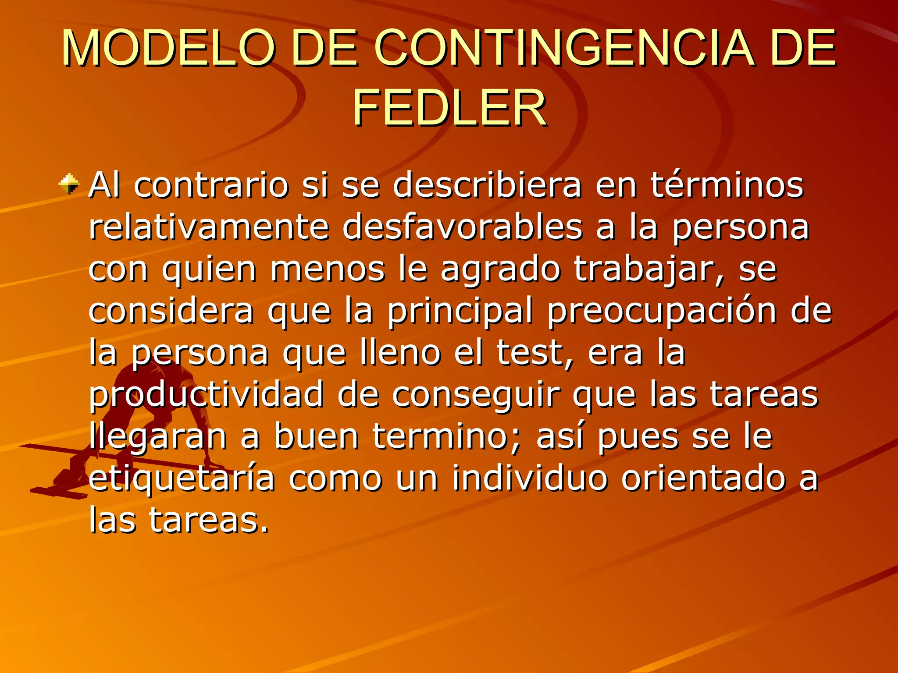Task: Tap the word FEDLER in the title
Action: click(449, 108)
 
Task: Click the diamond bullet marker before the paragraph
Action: click(69, 184)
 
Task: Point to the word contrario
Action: click(211, 185)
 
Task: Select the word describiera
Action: click(487, 185)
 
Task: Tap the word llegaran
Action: click(158, 437)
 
